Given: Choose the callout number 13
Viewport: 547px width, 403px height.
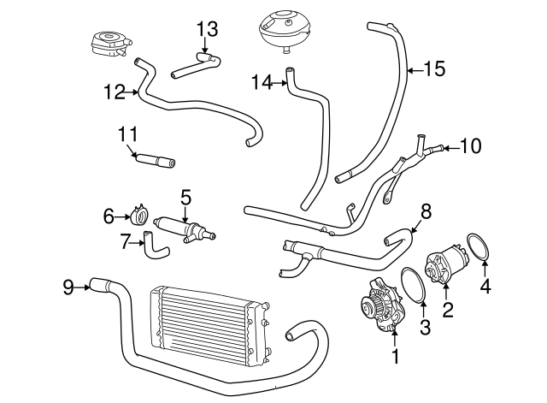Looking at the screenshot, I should (x=206, y=30).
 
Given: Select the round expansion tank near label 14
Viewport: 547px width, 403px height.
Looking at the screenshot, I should (x=282, y=29).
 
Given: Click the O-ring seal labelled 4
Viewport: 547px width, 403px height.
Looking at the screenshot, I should (x=479, y=249).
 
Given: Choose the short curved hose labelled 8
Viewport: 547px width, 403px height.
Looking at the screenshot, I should (x=398, y=233).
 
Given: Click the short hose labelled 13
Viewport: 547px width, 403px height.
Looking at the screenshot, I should (x=197, y=65).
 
